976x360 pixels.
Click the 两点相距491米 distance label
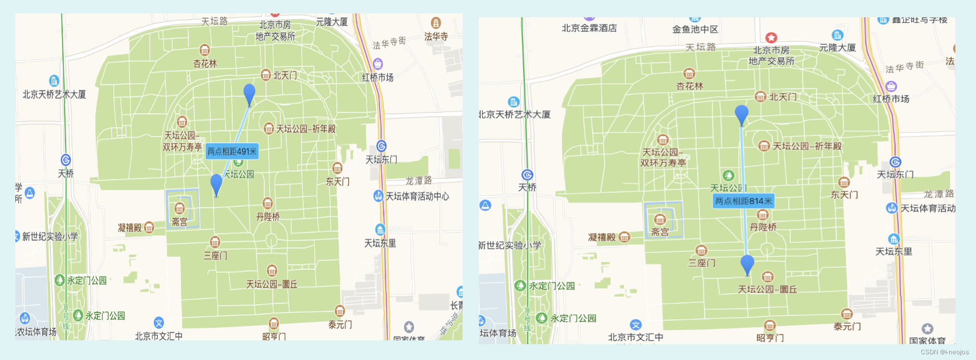pyautogui.click(x=232, y=152)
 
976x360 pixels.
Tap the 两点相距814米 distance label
pyautogui.click(x=743, y=201)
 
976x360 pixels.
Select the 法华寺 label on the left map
pyautogui.click(x=436, y=36)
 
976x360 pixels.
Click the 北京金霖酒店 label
pyautogui.click(x=589, y=28)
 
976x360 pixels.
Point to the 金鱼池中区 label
pyautogui.click(x=695, y=29)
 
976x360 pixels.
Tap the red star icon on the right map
pyautogui.click(x=771, y=37)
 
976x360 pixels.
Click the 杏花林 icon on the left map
pyautogui.click(x=205, y=50)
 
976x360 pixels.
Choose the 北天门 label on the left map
pyautogui.click(x=285, y=75)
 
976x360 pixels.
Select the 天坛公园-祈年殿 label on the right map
pyautogui.click(x=807, y=146)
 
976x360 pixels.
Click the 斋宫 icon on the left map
pyautogui.click(x=179, y=208)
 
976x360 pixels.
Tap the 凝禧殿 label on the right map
pyautogui.click(x=602, y=237)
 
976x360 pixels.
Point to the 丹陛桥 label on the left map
pyautogui.click(x=268, y=217)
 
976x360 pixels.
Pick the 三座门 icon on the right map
pyautogui.click(x=702, y=251)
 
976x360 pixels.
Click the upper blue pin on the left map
pyautogui.click(x=250, y=93)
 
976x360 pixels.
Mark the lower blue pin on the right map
pyautogui.click(x=747, y=264)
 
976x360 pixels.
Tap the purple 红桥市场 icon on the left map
pyautogui.click(x=378, y=63)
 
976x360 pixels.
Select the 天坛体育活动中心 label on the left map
pyautogui.click(x=417, y=196)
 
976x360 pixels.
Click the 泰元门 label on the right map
pyautogui.click(x=847, y=326)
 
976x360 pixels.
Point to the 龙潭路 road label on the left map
pyautogui.click(x=419, y=180)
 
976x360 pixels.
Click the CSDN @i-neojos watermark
pyautogui.click(x=944, y=352)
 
